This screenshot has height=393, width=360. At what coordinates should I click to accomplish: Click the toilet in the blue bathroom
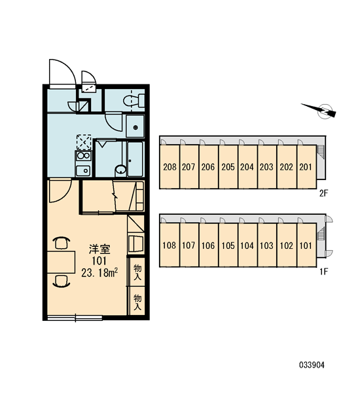pos(134,100)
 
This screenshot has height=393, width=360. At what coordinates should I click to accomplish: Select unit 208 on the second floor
pos(170,166)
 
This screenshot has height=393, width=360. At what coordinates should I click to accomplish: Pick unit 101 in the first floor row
pos(306,245)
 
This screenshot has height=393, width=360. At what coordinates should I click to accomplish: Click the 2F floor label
pos(323,193)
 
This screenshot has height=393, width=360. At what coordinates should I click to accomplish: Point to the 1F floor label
pos(323,271)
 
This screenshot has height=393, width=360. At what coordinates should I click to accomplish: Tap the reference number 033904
pos(312,365)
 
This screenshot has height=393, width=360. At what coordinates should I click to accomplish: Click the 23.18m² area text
pos(99,272)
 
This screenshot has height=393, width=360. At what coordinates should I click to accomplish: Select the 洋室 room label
pos(99,249)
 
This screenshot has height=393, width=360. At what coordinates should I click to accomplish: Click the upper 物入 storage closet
pos(137,272)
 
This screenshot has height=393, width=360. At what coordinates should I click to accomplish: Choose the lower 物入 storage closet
pos(137,301)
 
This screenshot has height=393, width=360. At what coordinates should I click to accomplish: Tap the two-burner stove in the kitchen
pos(83,156)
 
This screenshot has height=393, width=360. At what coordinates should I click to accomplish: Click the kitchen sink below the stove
pos(83,171)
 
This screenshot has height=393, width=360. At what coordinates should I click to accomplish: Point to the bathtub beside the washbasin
pos(135,159)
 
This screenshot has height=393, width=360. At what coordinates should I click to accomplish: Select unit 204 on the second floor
pos(247,166)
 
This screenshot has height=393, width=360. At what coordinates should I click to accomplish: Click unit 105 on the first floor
pos(228,245)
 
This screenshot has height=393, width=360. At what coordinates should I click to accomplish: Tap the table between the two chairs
pos(62,261)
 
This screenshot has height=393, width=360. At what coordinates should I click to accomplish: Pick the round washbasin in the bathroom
pos(121,170)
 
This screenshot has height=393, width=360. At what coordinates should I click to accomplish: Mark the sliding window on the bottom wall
pos(75,318)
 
